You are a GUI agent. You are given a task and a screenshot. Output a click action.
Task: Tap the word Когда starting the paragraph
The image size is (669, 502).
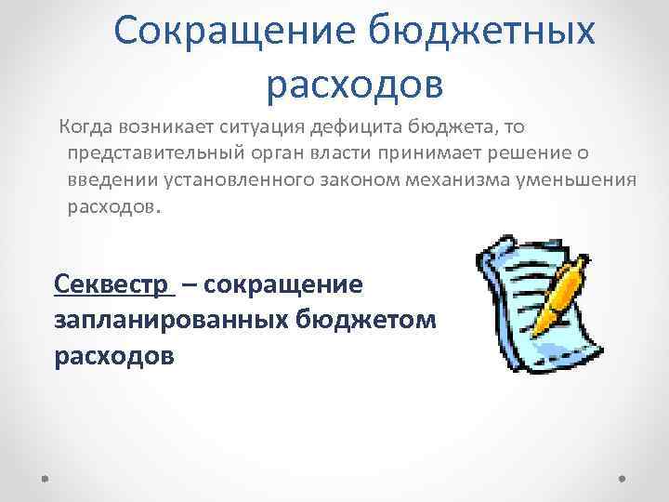(x=86, y=125)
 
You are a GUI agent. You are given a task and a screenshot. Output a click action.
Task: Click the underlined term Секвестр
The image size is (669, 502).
(x=113, y=282)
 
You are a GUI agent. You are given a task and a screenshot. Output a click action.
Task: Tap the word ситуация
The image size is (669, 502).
(x=278, y=125)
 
